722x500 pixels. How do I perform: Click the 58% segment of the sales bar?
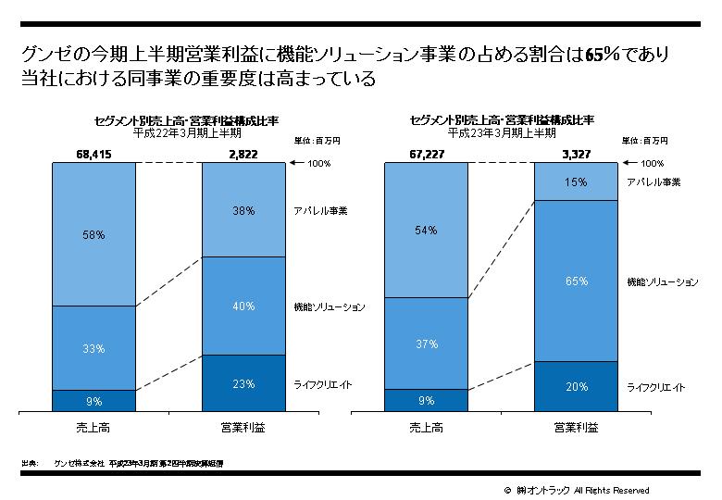[x=93, y=235]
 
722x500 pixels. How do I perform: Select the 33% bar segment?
[x=93, y=348]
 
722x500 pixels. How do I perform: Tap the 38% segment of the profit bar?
[x=244, y=210]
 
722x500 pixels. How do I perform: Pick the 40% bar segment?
[x=244, y=306]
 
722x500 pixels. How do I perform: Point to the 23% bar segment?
[x=244, y=383]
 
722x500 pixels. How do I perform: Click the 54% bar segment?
[x=426, y=230]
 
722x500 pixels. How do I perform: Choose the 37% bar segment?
[x=426, y=344]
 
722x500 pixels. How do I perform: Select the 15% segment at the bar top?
[x=576, y=182]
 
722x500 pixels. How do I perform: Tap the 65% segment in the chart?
[x=576, y=281]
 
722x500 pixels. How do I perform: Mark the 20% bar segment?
[x=576, y=387]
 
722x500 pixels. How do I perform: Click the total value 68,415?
[x=93, y=155]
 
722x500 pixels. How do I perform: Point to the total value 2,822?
[x=244, y=155]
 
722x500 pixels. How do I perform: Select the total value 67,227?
[x=426, y=155]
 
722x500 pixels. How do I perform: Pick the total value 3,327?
[x=576, y=155]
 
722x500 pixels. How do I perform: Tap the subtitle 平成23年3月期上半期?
[x=501, y=132]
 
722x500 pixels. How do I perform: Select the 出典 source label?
[x=29, y=461]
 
